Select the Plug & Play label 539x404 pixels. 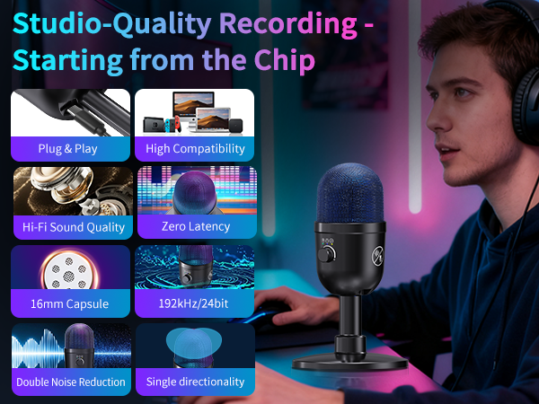click(x=68, y=148)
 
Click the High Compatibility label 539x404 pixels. click(x=195, y=148)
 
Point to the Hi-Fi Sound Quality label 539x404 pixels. click(x=74, y=226)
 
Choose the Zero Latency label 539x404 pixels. click(x=195, y=226)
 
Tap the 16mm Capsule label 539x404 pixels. click(x=68, y=303)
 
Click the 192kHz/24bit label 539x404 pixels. click(x=195, y=303)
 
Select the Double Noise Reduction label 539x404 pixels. click(x=71, y=382)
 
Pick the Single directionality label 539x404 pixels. click(x=195, y=382)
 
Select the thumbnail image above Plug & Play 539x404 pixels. click(x=70, y=112)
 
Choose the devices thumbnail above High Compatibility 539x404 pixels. click(x=195, y=112)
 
